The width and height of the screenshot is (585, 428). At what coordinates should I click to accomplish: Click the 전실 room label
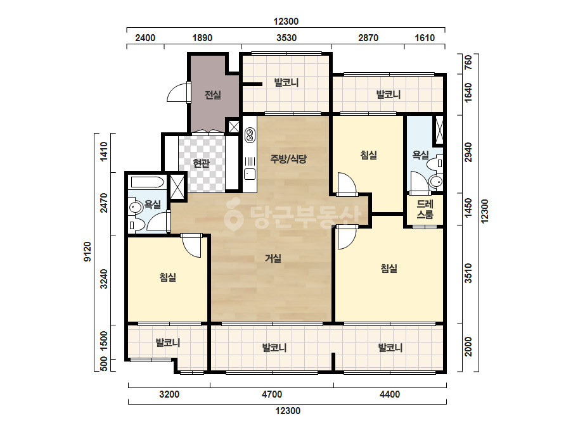[213, 95]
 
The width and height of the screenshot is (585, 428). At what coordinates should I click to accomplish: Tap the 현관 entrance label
[201, 163]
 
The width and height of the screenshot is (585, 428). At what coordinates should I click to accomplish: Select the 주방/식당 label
[288, 159]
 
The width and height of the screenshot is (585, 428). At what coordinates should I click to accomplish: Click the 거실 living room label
[273, 258]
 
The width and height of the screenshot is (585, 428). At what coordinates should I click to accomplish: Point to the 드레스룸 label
[425, 209]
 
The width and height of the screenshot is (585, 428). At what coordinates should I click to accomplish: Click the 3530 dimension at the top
[286, 38]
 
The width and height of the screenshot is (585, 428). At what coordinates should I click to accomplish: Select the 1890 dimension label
[202, 38]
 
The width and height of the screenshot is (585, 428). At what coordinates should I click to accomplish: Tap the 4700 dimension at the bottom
[272, 394]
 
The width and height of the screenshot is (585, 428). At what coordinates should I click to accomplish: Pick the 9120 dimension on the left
[87, 251]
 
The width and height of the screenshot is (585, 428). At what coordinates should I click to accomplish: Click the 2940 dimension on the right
[468, 152]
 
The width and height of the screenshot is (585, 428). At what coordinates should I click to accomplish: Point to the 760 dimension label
[468, 62]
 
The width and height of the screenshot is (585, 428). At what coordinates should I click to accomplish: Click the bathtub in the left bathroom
[148, 182]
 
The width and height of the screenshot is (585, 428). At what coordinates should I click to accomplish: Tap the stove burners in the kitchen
[250, 135]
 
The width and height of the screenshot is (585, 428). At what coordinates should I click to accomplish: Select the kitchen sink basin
[250, 174]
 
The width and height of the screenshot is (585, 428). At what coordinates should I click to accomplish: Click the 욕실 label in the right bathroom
[420, 154]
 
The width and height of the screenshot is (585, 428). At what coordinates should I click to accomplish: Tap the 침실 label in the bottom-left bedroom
[167, 277]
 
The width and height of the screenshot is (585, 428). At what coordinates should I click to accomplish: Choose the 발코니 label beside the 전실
[286, 82]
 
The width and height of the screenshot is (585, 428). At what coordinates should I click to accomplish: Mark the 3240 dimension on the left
[104, 279]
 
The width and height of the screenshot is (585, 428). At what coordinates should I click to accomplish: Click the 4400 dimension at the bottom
[390, 394]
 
